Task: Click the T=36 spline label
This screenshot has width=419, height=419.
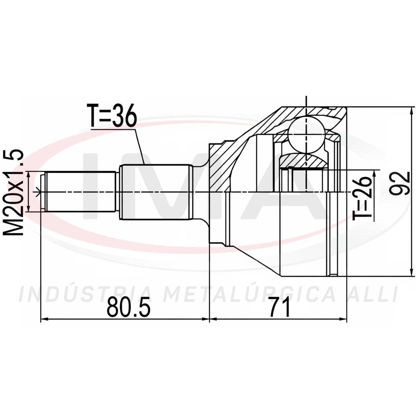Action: pos(112,115)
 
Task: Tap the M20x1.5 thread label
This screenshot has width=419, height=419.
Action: pos(13,192)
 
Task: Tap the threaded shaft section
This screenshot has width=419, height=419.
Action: pos(80,192)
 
